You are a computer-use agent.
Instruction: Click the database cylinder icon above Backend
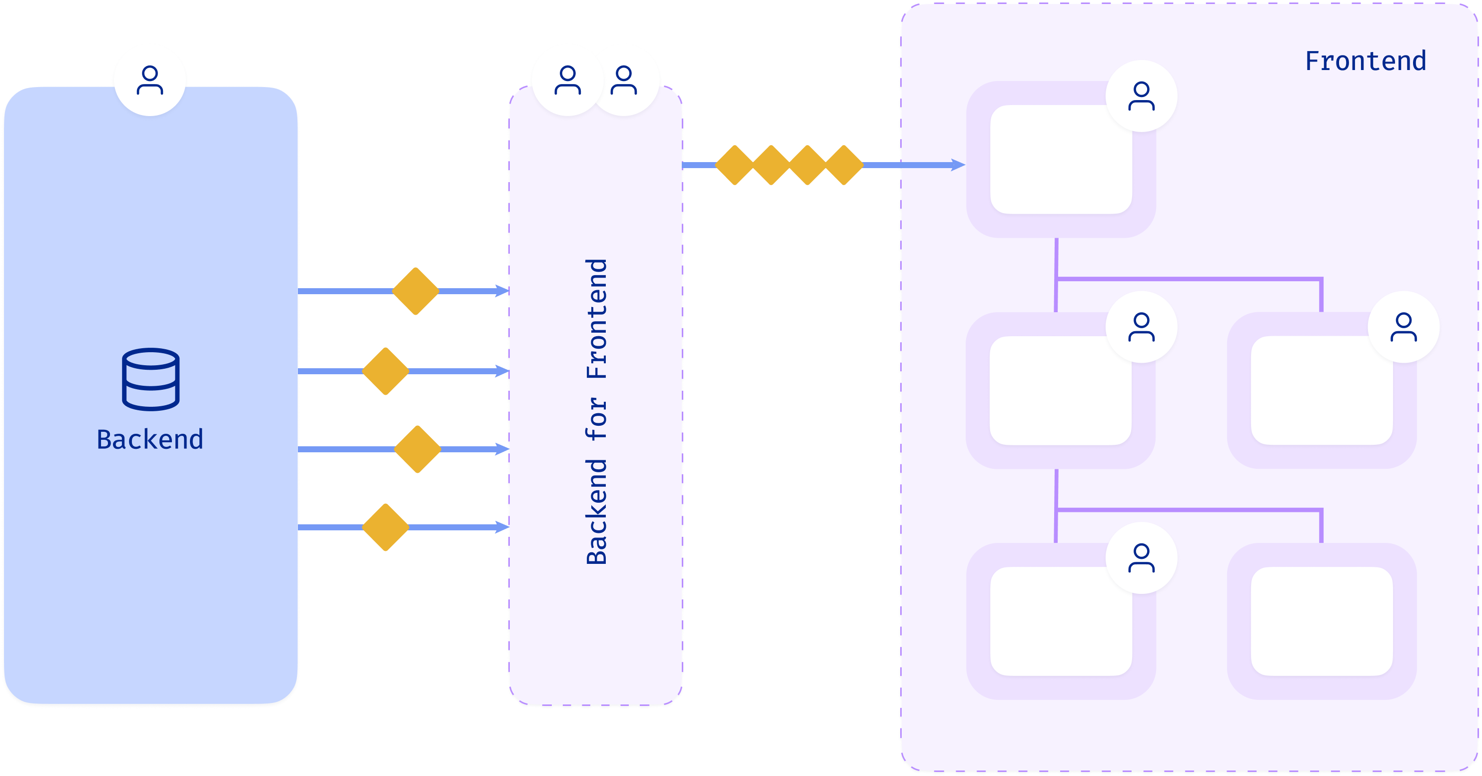coord(151,379)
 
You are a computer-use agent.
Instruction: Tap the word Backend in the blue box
coord(150,439)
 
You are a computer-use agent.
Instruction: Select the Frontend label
coord(1365,61)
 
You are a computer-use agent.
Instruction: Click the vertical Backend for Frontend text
coord(597,411)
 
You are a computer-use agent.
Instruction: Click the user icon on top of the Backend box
coord(149,80)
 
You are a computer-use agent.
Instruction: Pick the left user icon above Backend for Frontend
coord(568,80)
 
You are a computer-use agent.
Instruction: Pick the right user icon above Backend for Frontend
coord(624,80)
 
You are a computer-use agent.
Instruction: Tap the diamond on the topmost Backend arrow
coord(416,291)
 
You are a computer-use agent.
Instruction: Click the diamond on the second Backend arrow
coord(385,371)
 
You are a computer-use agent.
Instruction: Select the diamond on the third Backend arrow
coord(418,449)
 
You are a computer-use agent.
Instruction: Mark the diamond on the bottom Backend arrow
coord(385,527)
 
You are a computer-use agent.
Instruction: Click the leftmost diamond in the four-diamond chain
coord(735,165)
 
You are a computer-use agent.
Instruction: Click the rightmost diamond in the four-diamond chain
coord(844,165)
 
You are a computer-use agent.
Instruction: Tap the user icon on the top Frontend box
coord(1142,96)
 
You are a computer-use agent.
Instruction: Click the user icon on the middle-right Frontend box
coord(1404,327)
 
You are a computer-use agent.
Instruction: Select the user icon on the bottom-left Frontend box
coord(1142,558)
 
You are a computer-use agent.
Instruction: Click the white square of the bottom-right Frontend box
coord(1322,621)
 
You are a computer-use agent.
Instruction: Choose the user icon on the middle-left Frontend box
coord(1142,327)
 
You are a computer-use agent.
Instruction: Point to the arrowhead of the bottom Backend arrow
coord(502,527)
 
